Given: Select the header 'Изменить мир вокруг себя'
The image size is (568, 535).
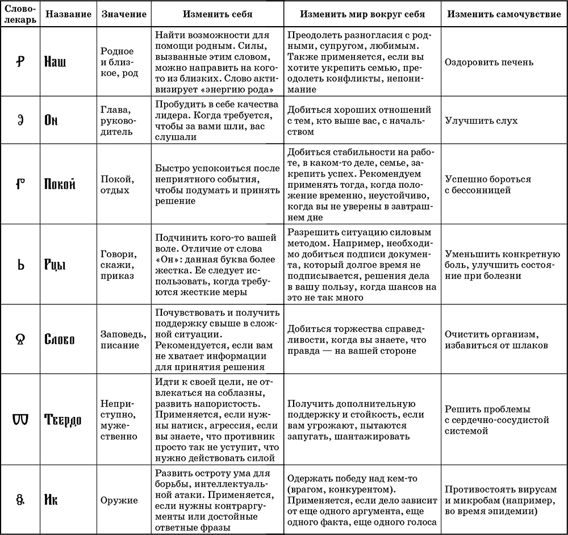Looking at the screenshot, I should [x=362, y=14].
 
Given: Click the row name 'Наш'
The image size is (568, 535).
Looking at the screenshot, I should [x=55, y=61].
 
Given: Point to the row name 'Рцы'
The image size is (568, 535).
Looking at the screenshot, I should [x=55, y=265].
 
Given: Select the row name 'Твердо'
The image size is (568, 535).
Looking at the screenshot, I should [x=62, y=419].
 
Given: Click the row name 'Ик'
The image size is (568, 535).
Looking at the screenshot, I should [x=51, y=500].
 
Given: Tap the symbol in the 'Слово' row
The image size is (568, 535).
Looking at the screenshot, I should [x=20, y=338].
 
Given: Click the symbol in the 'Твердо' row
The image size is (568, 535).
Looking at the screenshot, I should [x=20, y=419].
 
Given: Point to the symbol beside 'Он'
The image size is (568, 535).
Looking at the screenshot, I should [x=20, y=120].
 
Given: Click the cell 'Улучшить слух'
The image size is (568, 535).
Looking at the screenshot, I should [x=481, y=120].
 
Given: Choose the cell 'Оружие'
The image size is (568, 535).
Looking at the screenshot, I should [x=119, y=500].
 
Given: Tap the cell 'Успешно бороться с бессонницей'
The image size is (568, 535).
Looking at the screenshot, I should [x=488, y=184].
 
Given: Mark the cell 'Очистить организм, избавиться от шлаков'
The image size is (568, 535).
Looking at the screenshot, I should [x=496, y=339].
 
